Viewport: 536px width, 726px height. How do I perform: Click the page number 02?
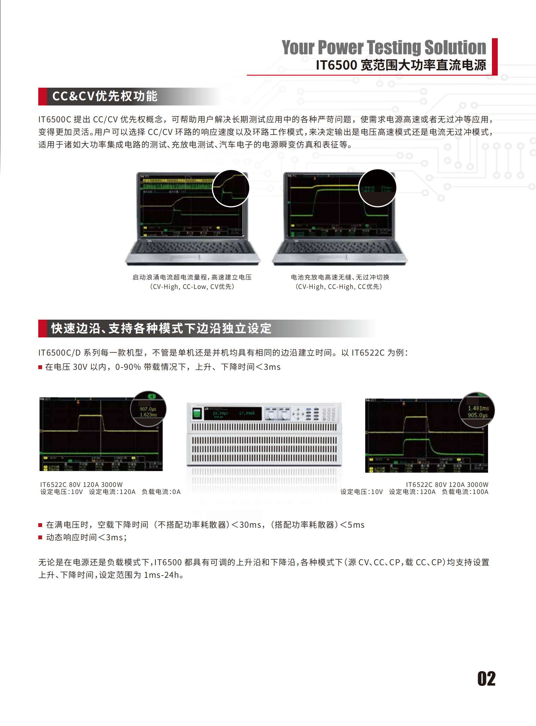[486, 678]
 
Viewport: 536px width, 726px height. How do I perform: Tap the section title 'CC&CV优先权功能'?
[104, 96]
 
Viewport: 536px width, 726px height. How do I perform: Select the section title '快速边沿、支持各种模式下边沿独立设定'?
[161, 328]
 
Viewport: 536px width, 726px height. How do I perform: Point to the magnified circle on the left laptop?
[230, 188]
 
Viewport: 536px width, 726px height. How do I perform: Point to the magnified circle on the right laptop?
[377, 188]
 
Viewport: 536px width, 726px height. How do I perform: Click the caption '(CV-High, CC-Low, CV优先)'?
[192, 287]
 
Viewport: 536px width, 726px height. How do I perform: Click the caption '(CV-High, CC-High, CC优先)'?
[339, 287]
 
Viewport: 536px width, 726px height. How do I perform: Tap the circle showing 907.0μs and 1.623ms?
[148, 409]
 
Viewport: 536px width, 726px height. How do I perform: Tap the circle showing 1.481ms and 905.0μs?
[477, 410]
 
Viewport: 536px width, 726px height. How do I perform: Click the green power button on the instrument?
[197, 413]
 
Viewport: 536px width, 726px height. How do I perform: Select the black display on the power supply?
[233, 414]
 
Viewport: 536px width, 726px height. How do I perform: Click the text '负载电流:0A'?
[161, 492]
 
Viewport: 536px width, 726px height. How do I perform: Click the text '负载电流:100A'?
[465, 492]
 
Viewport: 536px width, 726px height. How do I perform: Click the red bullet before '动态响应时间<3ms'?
[40, 537]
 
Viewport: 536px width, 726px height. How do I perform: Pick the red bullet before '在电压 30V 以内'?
[40, 367]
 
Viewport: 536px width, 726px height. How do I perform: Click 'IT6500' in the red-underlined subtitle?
[336, 65]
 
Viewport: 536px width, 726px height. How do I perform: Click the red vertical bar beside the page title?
[495, 57]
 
